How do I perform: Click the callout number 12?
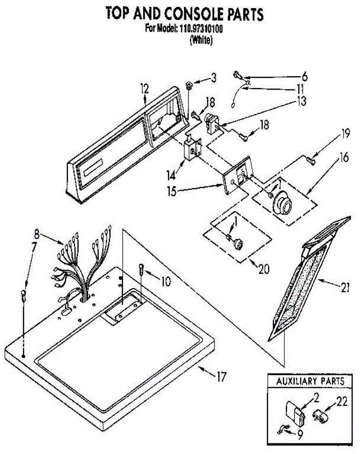(x=145, y=89)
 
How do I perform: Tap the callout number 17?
(x=221, y=376)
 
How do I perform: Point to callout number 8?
(x=36, y=234)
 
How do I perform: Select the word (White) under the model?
(x=201, y=39)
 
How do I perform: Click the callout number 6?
(x=304, y=76)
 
